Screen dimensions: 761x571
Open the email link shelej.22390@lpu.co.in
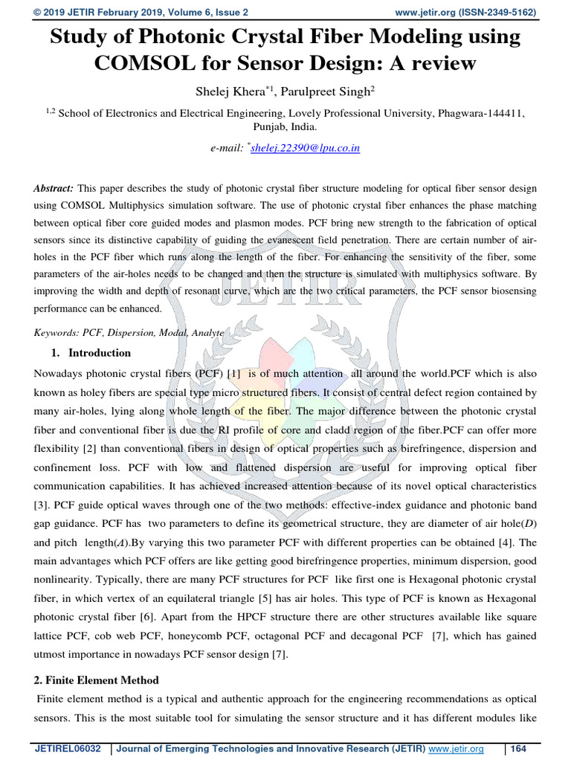click(306, 148)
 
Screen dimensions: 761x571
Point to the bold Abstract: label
click(54, 190)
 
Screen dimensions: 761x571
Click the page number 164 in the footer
click(517, 749)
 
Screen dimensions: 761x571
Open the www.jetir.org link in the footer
click(456, 749)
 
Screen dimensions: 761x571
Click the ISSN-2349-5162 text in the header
click(500, 12)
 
